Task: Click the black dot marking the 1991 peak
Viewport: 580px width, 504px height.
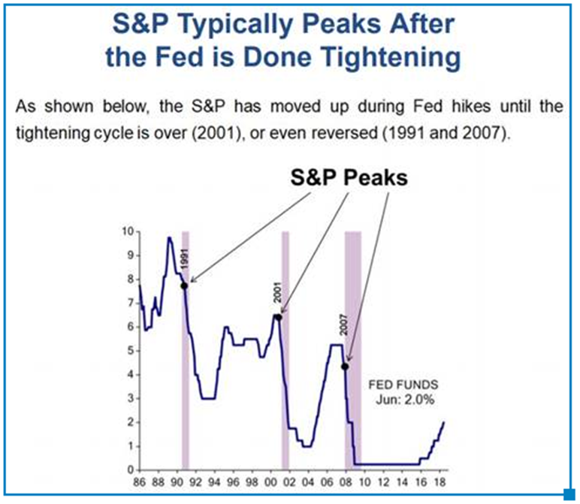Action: point(184,286)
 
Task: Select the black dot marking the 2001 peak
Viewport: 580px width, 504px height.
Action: point(279,317)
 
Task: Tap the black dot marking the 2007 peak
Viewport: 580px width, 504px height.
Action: point(345,367)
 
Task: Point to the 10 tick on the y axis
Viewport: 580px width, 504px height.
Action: point(128,231)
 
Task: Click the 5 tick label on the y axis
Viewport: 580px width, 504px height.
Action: point(130,351)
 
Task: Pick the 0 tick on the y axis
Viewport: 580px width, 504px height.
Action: point(130,470)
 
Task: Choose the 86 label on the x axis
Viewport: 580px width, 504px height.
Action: point(139,482)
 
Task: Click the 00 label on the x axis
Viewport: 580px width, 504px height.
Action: point(270,482)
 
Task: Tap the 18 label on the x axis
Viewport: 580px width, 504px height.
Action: point(440,482)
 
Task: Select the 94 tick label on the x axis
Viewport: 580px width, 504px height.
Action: point(214,482)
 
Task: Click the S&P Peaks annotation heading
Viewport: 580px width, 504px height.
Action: point(349,178)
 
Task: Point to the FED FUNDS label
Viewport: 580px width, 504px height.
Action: point(403,385)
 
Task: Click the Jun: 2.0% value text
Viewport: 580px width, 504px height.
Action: point(405,400)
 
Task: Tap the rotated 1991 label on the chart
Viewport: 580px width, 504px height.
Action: point(185,259)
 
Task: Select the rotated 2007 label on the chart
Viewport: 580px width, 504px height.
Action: point(344,324)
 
